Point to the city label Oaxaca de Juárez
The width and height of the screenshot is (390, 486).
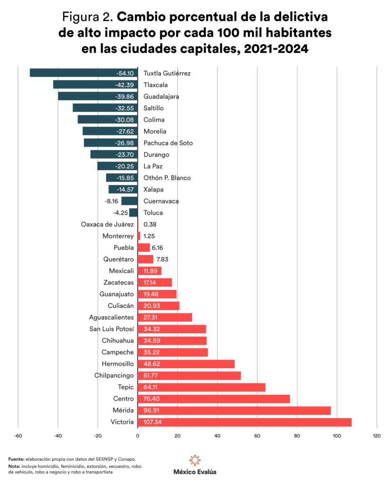[x=107, y=224]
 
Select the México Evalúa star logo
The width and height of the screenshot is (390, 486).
[x=195, y=460]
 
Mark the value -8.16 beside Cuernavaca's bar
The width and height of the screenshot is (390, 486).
[x=112, y=201]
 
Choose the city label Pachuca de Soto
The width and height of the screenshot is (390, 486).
[x=168, y=143]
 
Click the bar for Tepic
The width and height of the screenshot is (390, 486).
[x=201, y=387]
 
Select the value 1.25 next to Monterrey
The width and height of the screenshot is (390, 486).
[x=149, y=236]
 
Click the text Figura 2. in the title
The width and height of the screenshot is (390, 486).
[x=87, y=18]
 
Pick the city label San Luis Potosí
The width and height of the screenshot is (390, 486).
[x=112, y=329]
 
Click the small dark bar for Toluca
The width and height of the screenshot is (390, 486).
[x=133, y=213]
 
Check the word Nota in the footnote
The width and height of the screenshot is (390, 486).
[x=15, y=467]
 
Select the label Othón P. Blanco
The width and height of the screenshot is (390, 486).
[x=167, y=178]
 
